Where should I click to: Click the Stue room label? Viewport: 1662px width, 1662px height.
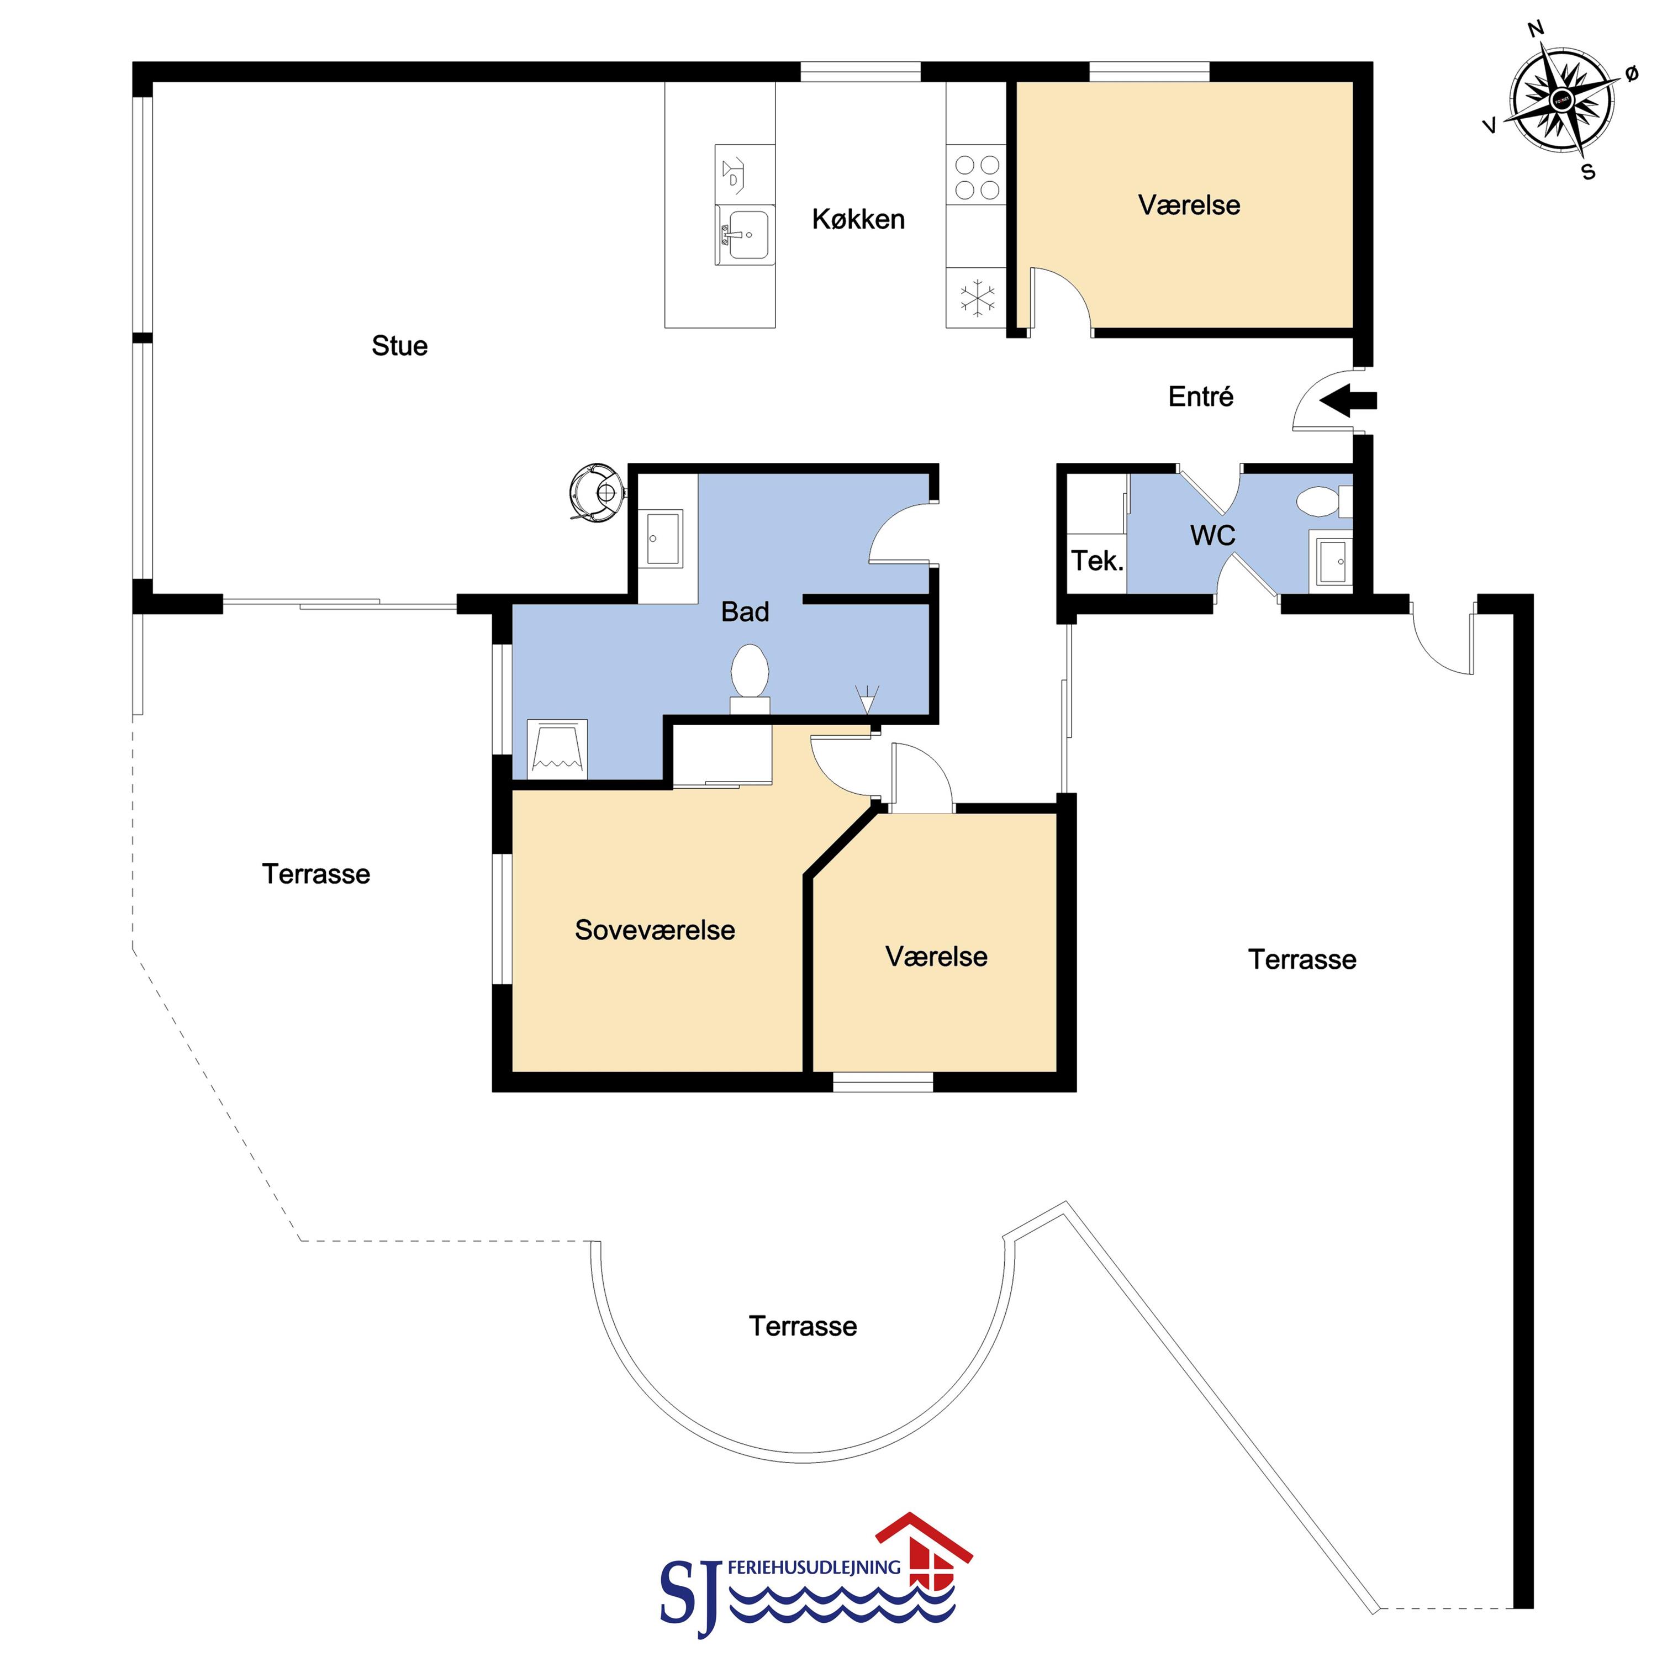pos(399,346)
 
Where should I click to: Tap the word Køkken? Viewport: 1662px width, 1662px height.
pos(858,219)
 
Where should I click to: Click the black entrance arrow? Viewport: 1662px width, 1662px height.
pos(1348,400)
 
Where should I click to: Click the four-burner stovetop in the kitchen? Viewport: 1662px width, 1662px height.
pos(977,177)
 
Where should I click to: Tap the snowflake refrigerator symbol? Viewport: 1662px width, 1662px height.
pos(977,298)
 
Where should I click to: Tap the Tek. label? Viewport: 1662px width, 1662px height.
pos(1097,561)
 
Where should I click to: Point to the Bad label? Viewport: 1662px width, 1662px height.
pos(745,611)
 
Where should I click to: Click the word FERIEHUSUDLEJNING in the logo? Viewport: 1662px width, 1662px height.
pos(814,1568)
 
